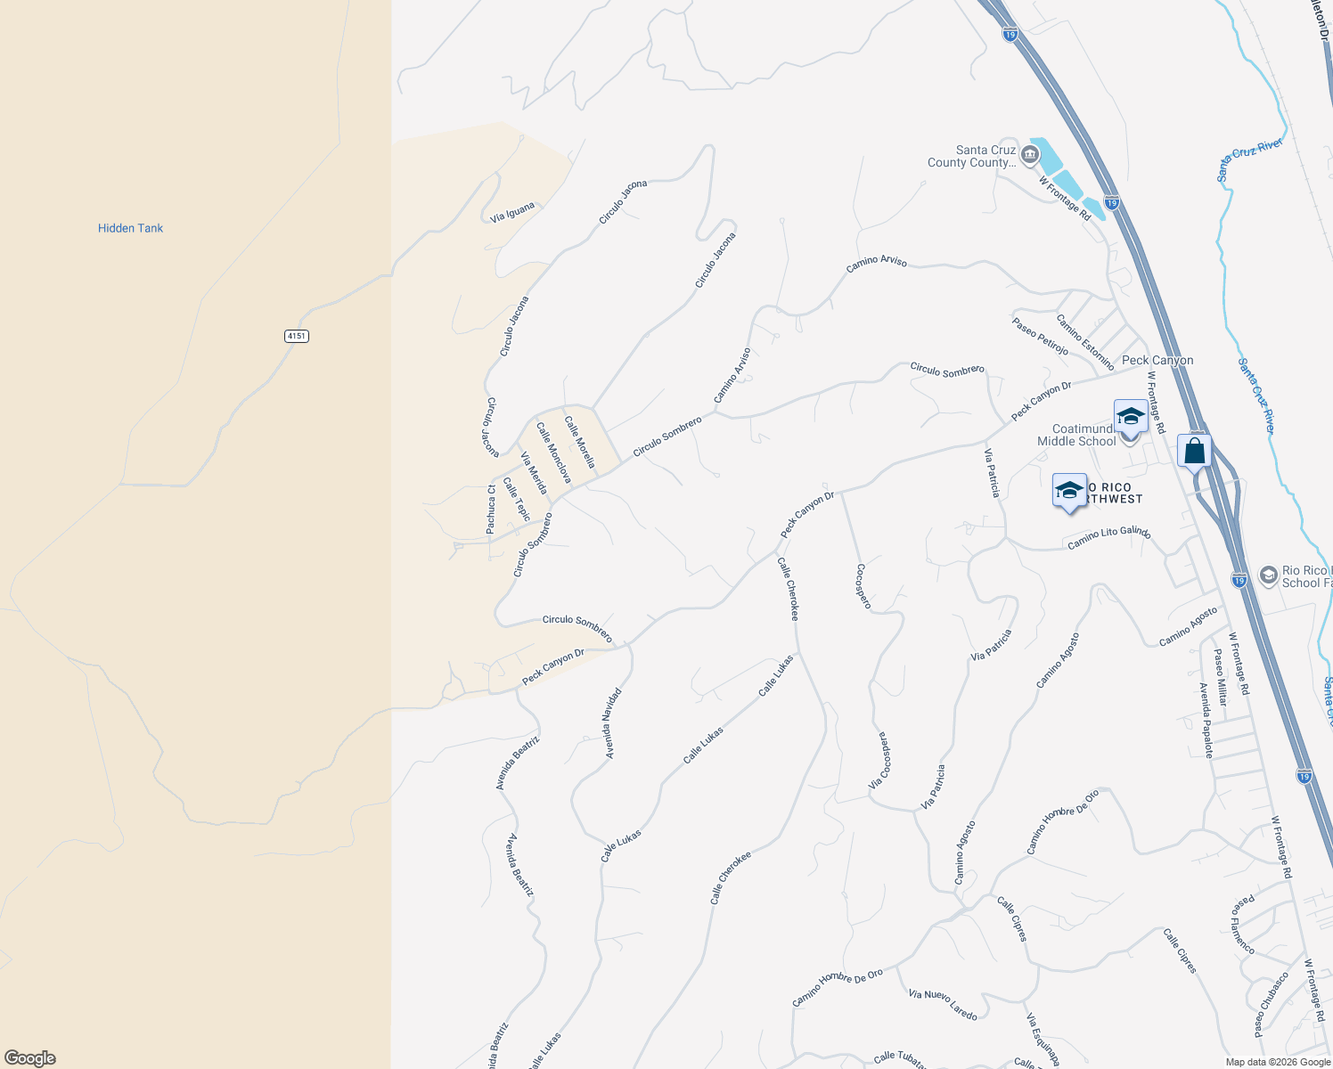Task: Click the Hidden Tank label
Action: click(130, 228)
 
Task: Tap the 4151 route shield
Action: click(297, 336)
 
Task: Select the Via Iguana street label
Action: click(512, 212)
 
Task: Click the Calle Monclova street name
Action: click(553, 453)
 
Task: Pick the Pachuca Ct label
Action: click(491, 509)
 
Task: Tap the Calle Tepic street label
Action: click(517, 499)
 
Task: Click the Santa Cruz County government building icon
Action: click(1030, 156)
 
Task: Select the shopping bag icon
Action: click(1194, 451)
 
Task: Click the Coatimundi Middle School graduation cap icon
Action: click(1131, 417)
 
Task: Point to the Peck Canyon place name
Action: click(1157, 360)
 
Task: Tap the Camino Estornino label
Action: click(1085, 342)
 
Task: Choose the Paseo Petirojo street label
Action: click(1040, 336)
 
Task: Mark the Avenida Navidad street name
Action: click(612, 722)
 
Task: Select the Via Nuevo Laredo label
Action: click(943, 1005)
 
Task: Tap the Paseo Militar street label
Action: click(1221, 677)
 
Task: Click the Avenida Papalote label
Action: click(1206, 720)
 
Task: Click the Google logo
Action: click(29, 1057)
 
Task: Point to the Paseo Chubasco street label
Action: click(1272, 1004)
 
